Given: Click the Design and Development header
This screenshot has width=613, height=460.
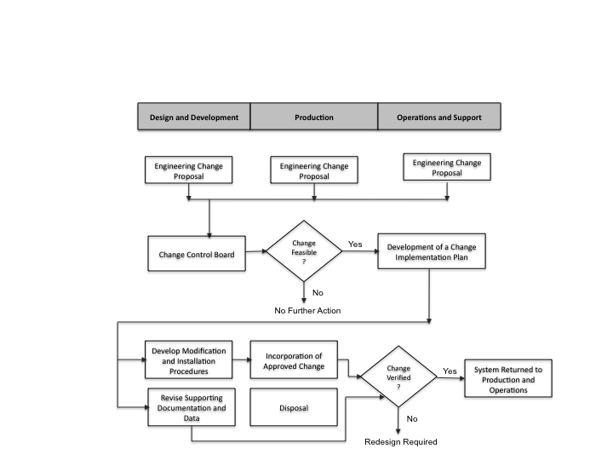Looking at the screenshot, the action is click(194, 117).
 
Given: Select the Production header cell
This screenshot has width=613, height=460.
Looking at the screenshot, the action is click(314, 117).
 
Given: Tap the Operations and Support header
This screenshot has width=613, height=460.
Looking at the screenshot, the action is click(439, 117).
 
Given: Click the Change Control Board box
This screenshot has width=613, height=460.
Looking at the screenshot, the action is click(197, 254).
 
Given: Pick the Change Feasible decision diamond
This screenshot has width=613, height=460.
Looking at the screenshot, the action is click(304, 251).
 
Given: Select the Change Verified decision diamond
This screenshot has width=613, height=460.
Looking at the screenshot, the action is click(398, 377).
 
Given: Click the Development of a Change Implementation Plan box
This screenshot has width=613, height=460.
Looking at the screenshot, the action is click(432, 251).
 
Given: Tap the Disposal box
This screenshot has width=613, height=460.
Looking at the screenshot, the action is click(294, 407).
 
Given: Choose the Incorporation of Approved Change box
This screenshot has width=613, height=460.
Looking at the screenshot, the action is click(294, 359).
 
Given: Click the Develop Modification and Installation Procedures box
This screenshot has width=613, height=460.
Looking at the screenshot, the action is click(188, 359).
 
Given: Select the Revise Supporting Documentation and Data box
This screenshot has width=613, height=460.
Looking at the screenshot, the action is click(192, 407).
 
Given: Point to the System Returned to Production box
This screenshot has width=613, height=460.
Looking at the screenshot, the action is click(508, 378).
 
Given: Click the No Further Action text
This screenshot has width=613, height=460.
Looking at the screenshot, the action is click(307, 311).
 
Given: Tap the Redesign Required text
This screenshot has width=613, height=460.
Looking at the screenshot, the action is click(401, 441).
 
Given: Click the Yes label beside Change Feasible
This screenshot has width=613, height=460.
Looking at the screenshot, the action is click(355, 244).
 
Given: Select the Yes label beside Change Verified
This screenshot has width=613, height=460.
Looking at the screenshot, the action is click(450, 371).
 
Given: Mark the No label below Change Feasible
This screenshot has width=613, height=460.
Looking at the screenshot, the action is click(318, 292).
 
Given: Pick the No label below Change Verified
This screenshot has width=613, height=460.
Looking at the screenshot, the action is click(412, 419).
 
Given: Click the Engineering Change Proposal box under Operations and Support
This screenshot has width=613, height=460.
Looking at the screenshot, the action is click(447, 167).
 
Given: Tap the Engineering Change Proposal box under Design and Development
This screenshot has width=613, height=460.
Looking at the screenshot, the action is click(188, 170).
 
